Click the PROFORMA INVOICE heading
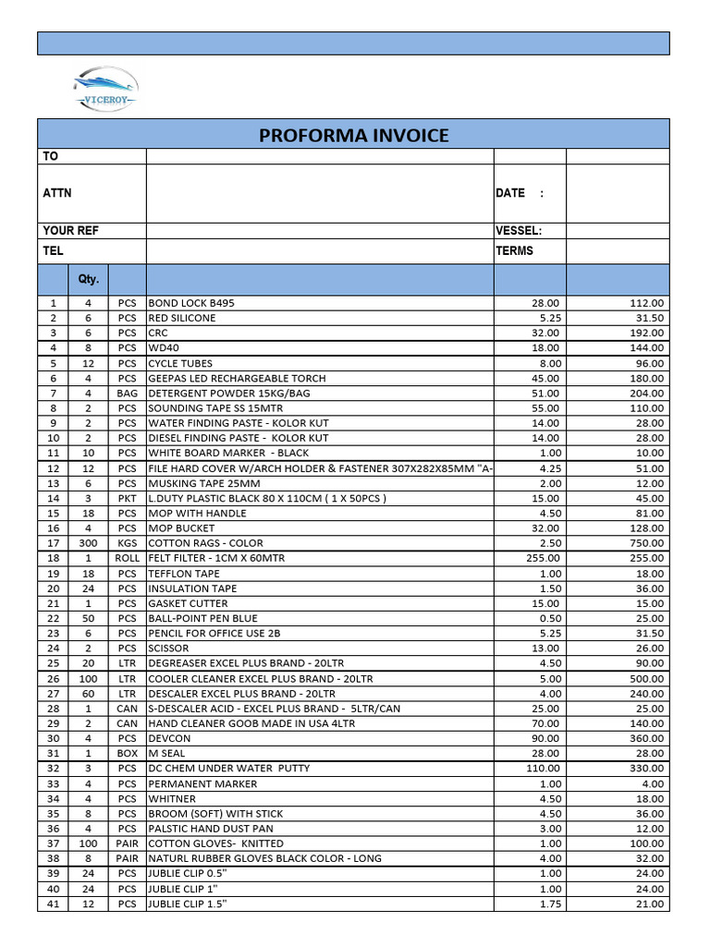click(x=353, y=135)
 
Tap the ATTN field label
click(x=57, y=193)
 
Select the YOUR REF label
click(x=70, y=231)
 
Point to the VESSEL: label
click(x=519, y=231)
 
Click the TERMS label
click(x=514, y=250)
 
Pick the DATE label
click(x=511, y=193)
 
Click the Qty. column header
click(x=89, y=279)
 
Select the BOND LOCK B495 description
click(x=198, y=303)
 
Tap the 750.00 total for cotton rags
click(x=646, y=543)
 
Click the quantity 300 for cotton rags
click(x=89, y=543)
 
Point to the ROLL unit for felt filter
click(x=127, y=558)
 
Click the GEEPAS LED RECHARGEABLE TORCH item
click(x=237, y=378)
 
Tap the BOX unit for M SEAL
click(x=127, y=754)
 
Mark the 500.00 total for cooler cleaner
click(x=646, y=678)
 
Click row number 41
click(x=54, y=904)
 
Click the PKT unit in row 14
click(x=127, y=498)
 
